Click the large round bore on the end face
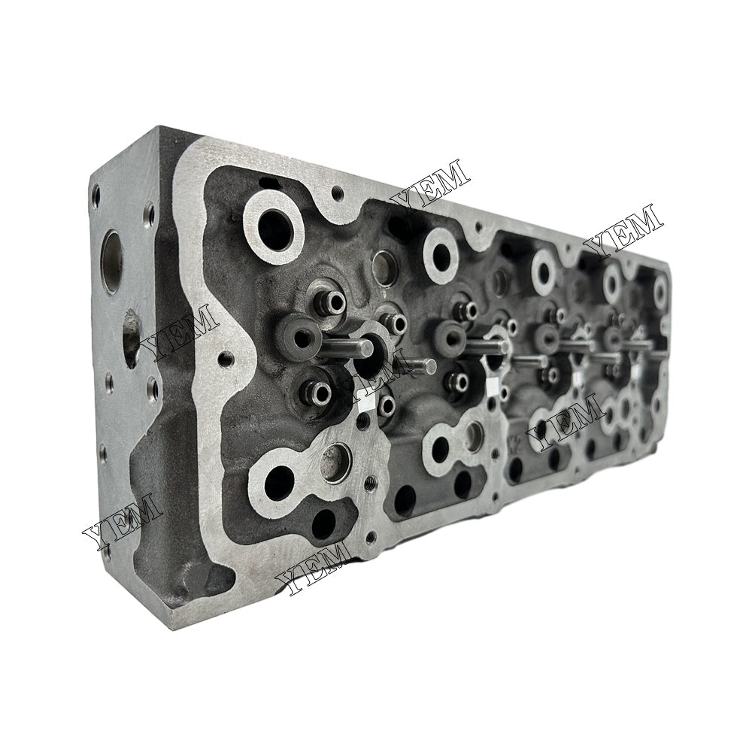point(111,262)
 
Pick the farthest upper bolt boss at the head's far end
point(660,290)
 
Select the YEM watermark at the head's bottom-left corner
point(122,519)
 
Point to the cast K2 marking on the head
point(517,441)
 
